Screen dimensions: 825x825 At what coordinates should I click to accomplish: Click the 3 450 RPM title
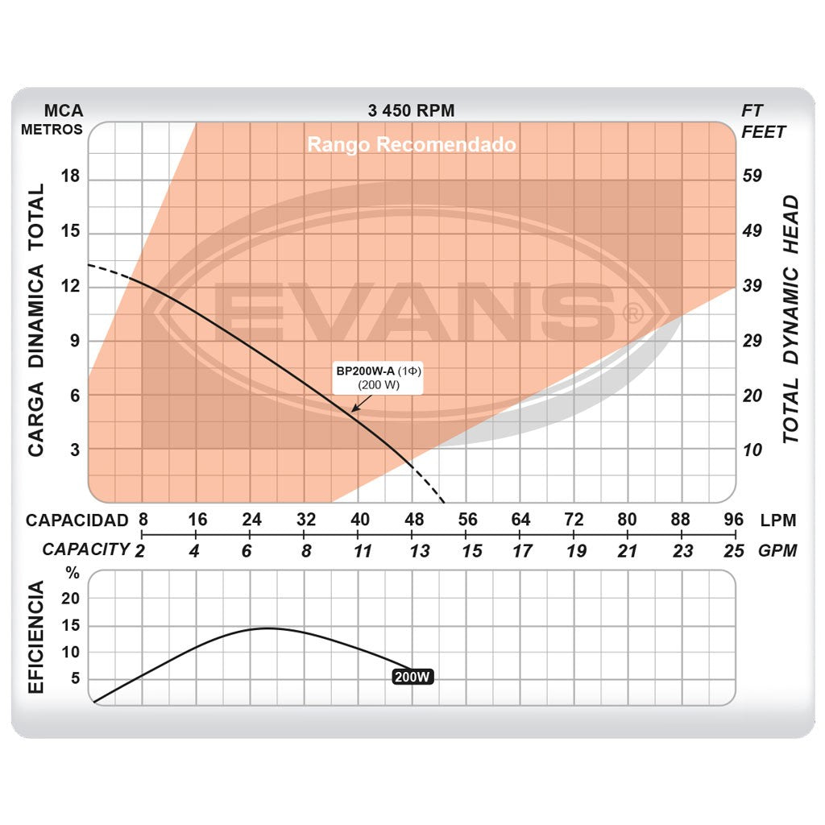tap(411, 110)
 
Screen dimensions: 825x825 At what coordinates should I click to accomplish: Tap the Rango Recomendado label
tap(412, 145)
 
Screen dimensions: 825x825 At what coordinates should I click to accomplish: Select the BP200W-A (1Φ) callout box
tap(379, 378)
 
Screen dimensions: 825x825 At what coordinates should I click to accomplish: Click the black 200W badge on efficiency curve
tap(412, 677)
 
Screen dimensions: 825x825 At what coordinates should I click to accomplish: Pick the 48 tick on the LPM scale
tap(413, 520)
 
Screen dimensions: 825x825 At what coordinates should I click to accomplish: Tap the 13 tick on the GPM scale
tap(419, 551)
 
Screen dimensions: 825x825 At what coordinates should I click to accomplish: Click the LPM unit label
tap(778, 520)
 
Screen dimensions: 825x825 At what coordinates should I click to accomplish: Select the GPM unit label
tap(778, 551)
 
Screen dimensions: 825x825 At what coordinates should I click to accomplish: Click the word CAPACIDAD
tap(77, 520)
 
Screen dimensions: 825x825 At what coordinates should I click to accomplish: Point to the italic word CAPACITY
tap(85, 549)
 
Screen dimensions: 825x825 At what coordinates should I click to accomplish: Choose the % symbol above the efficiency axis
tap(73, 574)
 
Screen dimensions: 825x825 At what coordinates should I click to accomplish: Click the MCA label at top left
tap(63, 110)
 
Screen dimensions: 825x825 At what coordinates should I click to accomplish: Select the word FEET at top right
tap(763, 132)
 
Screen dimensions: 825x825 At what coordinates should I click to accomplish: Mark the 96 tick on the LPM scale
tap(733, 520)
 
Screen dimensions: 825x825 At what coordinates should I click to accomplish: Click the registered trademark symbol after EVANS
tap(634, 313)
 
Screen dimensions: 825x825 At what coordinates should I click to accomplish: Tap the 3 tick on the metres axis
tap(75, 449)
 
